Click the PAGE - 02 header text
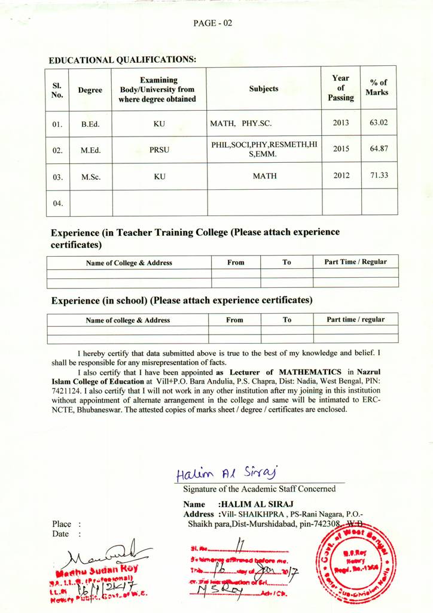[212, 23]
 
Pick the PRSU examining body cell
[159, 150]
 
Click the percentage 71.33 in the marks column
[379, 175]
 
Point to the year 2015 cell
[340, 149]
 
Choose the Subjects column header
[264, 89]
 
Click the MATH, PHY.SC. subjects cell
[241, 123]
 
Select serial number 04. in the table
[57, 203]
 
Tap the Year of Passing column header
[341, 87]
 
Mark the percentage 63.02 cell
[379, 123]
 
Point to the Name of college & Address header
[127, 320]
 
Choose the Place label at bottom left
[62, 524]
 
